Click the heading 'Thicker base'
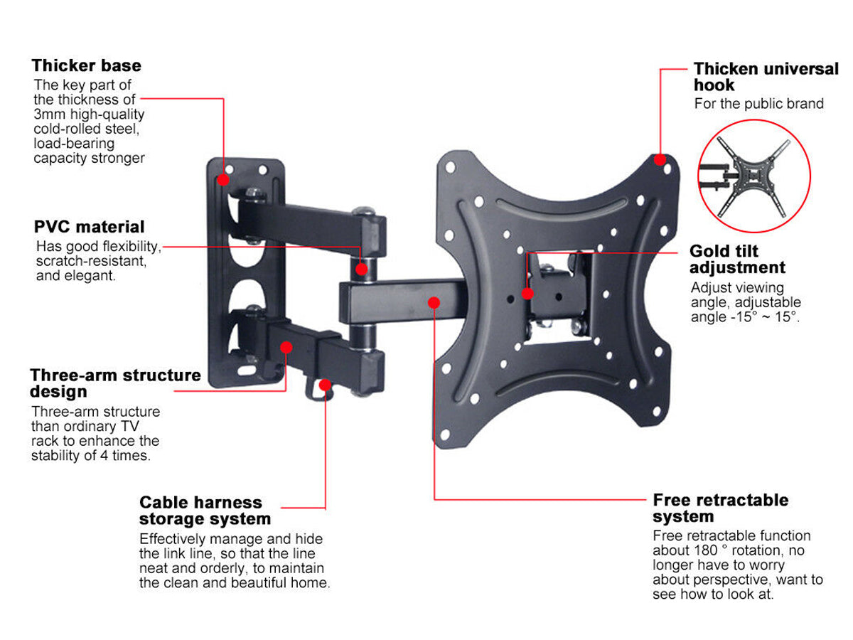point(86,65)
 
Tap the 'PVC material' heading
point(89,227)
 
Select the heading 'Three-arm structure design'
point(115,383)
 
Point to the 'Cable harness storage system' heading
point(205,511)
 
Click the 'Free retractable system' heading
point(721,508)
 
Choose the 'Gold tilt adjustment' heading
point(737,260)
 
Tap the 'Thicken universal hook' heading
point(766,77)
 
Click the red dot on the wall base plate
point(224,180)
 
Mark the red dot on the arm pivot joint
point(362,269)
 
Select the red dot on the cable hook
point(326,385)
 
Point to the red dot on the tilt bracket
point(527,293)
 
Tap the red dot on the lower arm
point(286,347)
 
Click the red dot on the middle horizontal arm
point(434,302)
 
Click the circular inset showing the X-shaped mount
point(753,176)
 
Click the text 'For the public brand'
point(758,104)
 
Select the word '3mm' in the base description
point(48,114)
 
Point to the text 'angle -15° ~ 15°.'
point(745,317)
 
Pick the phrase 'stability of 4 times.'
point(90,456)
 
